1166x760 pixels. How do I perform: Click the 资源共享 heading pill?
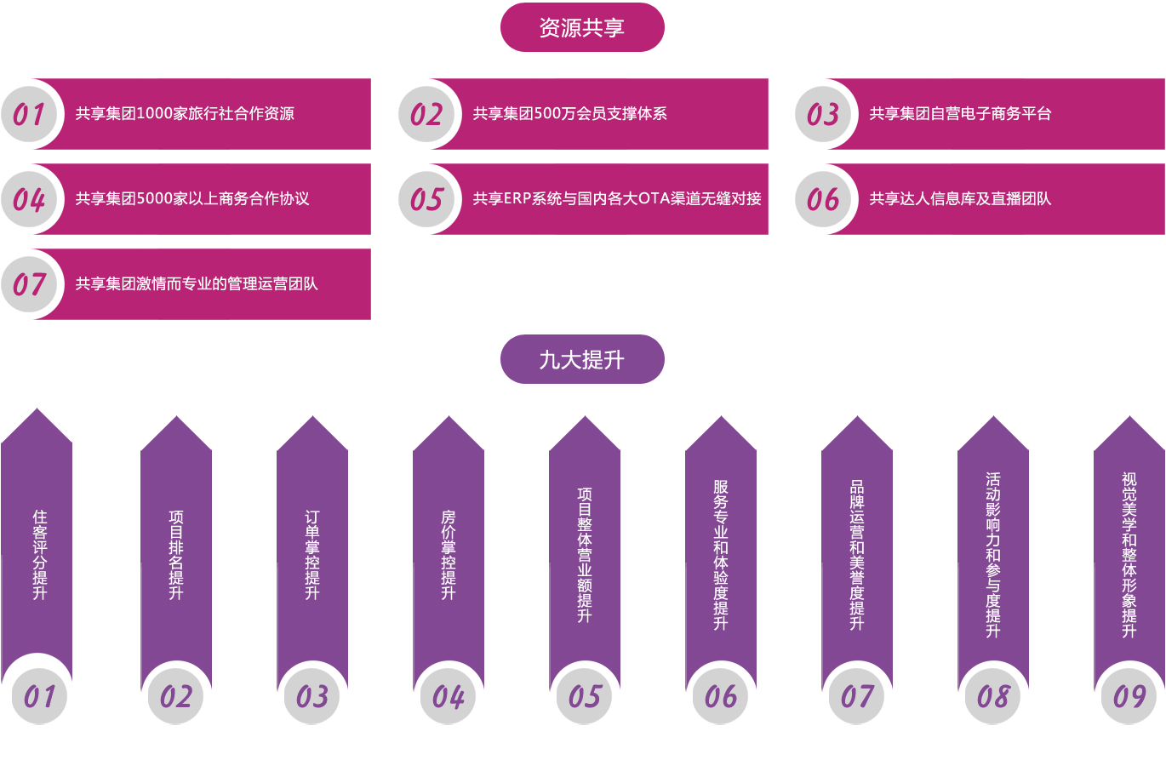coord(582,27)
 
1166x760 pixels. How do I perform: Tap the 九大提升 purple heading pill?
coord(582,359)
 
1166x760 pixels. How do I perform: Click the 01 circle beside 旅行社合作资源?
coord(29,114)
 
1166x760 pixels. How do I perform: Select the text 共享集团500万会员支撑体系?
coord(569,113)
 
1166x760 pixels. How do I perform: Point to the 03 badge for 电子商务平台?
coord(823,114)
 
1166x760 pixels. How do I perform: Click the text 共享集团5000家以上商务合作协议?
coord(192,198)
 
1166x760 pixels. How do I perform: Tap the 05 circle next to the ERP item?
coord(426,199)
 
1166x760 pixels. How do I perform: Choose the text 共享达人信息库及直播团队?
coord(960,198)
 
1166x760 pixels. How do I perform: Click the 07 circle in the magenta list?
coord(29,284)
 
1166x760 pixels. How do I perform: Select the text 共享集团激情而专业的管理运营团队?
coord(197,283)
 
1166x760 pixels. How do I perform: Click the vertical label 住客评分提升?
coord(39,555)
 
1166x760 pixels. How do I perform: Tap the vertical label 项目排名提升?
coord(176,555)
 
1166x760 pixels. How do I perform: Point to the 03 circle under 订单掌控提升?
coord(312,696)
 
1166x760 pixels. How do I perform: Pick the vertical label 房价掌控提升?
coord(449,555)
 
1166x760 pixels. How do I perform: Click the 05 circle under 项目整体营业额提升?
coord(585,696)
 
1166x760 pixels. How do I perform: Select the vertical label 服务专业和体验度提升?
coord(720,555)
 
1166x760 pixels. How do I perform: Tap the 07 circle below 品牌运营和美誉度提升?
coord(857,696)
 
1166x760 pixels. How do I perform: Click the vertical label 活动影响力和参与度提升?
coord(992,555)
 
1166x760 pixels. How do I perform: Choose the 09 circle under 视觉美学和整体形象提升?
coord(1129,696)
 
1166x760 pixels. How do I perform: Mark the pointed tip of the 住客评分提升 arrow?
coord(37,409)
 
